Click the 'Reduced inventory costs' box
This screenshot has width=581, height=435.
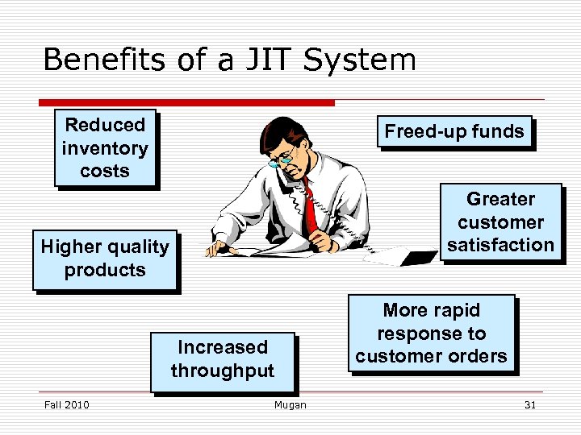pos(104,148)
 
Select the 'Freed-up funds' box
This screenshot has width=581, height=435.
pos(454,131)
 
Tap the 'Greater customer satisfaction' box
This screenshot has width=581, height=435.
pos(500,222)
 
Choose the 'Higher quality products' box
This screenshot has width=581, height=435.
pos(105,259)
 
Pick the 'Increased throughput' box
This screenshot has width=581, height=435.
pos(222,359)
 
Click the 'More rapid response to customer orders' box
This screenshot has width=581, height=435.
pos(431,333)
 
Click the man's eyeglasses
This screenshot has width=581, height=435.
pos(283,155)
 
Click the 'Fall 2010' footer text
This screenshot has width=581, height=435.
pos(66,405)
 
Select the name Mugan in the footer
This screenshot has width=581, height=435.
pos(290,405)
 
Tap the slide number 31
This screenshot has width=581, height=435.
pos(529,405)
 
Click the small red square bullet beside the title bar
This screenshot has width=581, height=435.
pos(41,103)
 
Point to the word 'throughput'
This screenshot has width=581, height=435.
pos(222,371)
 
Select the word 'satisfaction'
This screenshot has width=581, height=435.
pos(500,245)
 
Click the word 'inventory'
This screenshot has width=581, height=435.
pos(104,148)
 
